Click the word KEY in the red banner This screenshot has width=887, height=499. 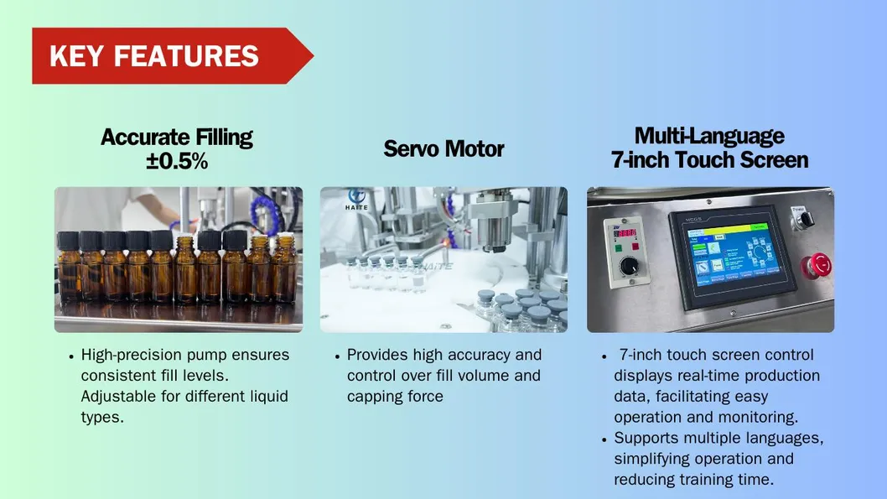(77, 56)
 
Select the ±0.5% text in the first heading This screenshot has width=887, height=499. (177, 162)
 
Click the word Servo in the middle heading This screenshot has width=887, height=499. (411, 149)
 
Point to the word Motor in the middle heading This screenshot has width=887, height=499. (475, 149)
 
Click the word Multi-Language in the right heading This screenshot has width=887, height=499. (709, 136)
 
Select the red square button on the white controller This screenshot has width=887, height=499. (638, 247)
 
